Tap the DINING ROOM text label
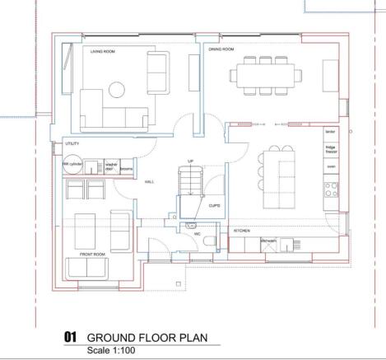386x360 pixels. pos(221,49)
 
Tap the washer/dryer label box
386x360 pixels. pos(111,166)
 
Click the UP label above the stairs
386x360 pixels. pos(191,161)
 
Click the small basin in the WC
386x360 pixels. pos(191,224)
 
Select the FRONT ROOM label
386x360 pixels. pos(91,255)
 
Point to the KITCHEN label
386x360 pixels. pos(241,231)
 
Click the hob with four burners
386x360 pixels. pos(331,192)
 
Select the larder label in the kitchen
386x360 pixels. pos(331,131)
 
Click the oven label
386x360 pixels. pos(331,167)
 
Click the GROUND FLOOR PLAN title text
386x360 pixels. pos(146,338)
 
